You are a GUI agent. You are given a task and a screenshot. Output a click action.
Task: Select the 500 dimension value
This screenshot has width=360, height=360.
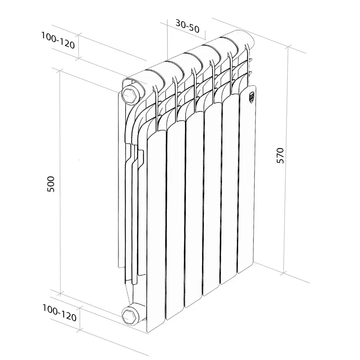[51, 184]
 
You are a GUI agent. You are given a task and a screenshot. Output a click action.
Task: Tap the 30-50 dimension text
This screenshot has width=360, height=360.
[187, 25]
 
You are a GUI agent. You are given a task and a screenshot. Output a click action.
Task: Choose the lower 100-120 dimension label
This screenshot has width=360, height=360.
[59, 313]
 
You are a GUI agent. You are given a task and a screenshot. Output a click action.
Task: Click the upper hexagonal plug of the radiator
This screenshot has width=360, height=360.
[129, 94]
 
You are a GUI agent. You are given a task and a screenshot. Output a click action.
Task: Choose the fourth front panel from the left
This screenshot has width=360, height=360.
[211, 202]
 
